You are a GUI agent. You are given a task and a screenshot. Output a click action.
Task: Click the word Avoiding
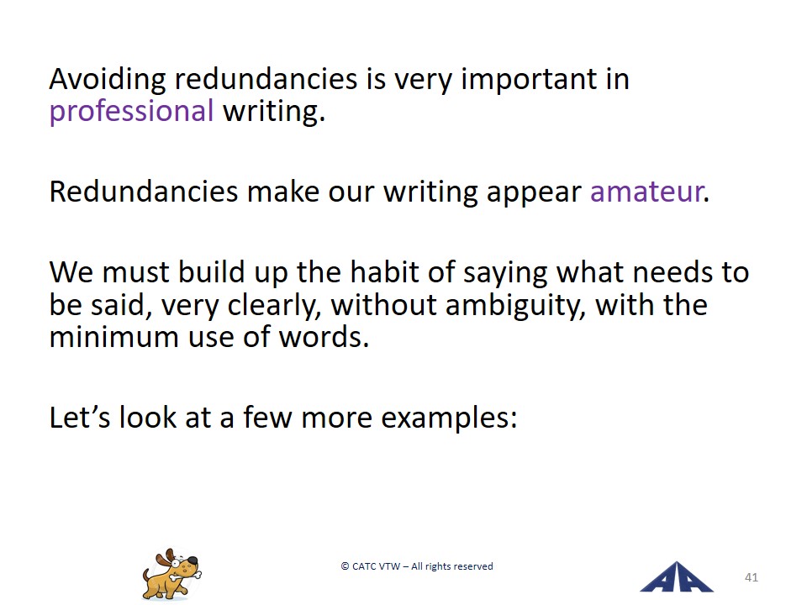pyautogui.click(x=108, y=80)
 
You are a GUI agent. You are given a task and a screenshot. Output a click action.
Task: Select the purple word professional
pyautogui.click(x=131, y=112)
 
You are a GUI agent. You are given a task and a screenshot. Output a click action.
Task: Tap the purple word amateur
pyautogui.click(x=647, y=192)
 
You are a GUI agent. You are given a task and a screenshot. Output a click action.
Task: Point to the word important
pyautogui.click(x=529, y=80)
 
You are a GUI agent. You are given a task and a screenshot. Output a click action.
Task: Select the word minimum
pyautogui.click(x=113, y=338)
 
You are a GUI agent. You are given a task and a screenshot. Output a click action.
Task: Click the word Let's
pyautogui.click(x=80, y=417)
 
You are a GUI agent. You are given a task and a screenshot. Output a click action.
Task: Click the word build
pyautogui.click(x=211, y=271)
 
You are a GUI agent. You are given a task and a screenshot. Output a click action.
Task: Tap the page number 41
pyautogui.click(x=752, y=577)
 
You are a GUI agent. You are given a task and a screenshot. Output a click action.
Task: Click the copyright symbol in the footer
pyautogui.click(x=345, y=566)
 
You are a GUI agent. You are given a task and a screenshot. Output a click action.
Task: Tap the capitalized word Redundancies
pyautogui.click(x=144, y=192)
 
